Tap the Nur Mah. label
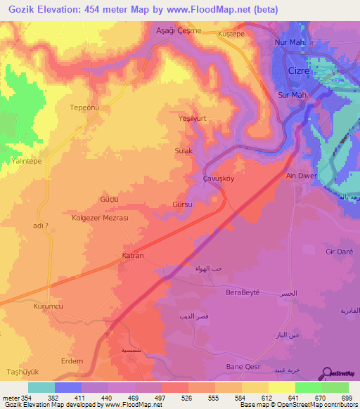[x=292, y=42]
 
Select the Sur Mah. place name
[x=295, y=94]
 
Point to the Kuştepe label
[x=231, y=33]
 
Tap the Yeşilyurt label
[x=193, y=119]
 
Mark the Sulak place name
[x=183, y=151]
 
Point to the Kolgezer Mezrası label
[x=99, y=218]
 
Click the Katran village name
[x=133, y=255]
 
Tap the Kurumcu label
[x=48, y=307]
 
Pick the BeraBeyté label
[x=243, y=292]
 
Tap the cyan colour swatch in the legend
[x=41, y=387]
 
